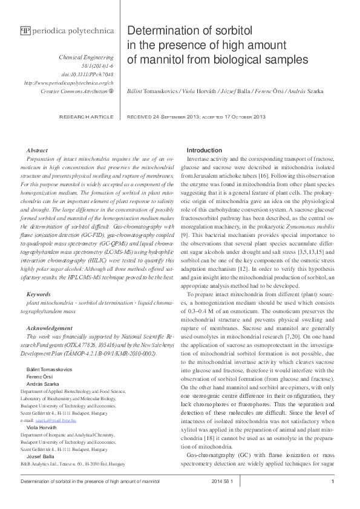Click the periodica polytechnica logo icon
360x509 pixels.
[25, 30]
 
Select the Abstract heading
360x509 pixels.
[38, 150]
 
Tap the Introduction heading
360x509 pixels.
[205, 150]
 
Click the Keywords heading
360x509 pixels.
[39, 294]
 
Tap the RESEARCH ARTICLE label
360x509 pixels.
[86, 116]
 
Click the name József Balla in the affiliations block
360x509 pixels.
[36, 458]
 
